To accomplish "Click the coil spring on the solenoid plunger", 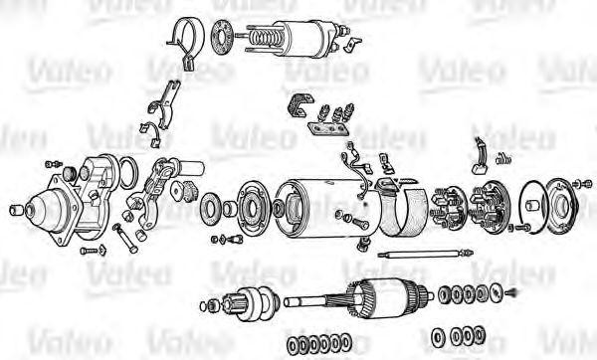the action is point(266,38).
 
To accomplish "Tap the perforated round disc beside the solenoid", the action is point(221,37).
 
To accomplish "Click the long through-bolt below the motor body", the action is point(426,254).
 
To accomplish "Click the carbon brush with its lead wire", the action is point(480,157).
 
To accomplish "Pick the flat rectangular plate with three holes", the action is point(328,128).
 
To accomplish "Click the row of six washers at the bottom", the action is point(319,342).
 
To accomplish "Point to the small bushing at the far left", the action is point(17,209).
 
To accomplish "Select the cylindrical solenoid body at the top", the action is point(304,38).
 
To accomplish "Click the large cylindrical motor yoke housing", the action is point(331,208).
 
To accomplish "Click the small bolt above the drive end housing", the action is point(54,164).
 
